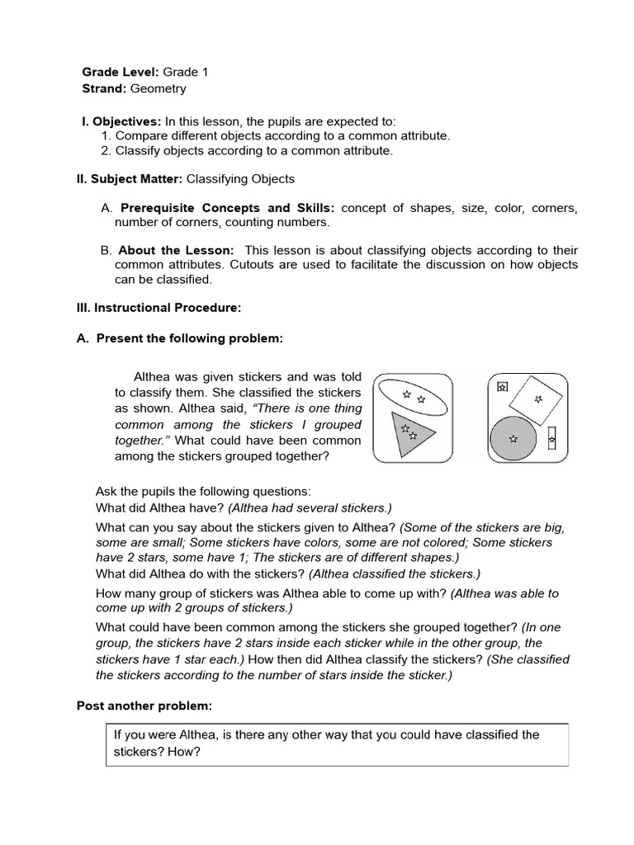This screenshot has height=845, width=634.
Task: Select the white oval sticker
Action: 412,396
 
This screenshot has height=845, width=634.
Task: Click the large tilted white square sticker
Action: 537,399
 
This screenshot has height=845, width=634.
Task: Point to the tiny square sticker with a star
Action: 502,385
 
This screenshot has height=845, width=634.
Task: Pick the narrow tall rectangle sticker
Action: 552,438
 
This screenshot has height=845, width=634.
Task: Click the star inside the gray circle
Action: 513,439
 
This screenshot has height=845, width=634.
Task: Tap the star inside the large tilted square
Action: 538,399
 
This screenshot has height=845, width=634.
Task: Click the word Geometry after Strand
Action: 158,88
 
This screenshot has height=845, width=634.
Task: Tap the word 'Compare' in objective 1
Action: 140,136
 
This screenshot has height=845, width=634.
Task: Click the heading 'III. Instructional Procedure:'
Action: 158,308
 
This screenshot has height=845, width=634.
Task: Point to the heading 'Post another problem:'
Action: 144,706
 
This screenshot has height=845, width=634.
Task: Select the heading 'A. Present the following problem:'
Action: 179,338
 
